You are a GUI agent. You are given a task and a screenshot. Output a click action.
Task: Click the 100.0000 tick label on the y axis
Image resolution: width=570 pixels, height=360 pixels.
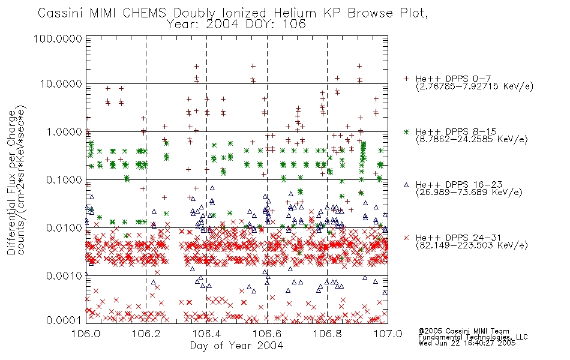point(58,38)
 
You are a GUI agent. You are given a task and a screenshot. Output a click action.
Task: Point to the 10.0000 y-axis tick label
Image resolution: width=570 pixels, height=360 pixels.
point(61,84)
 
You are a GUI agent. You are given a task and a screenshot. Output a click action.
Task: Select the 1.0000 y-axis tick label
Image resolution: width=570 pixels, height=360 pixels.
point(64,131)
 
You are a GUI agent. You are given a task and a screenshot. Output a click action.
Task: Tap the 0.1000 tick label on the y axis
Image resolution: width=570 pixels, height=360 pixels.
point(64,179)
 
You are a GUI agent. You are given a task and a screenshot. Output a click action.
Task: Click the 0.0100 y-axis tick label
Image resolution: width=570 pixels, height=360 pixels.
point(64,228)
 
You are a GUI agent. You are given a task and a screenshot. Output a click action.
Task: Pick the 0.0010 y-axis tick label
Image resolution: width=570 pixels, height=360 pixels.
point(64,276)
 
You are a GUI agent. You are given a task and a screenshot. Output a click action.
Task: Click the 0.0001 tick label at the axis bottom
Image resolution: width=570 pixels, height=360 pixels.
point(64,320)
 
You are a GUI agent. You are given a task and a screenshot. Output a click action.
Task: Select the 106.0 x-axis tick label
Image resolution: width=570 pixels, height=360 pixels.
point(86,334)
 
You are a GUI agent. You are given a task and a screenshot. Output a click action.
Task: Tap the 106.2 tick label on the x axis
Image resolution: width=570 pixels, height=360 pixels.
point(146,334)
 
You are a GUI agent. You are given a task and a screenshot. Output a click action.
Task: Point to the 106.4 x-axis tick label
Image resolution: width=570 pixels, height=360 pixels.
point(206,334)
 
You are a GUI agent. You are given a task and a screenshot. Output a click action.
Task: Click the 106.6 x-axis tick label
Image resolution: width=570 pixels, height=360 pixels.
point(267,334)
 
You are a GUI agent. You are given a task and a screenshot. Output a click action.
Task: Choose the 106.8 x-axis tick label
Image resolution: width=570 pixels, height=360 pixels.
point(327,334)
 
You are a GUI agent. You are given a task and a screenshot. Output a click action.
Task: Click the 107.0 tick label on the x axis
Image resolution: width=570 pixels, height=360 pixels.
point(388,334)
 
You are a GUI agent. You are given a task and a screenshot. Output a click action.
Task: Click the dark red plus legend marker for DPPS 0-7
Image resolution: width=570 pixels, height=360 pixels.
point(406,79)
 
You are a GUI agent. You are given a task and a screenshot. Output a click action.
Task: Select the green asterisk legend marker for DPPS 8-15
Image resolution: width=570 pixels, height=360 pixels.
point(406,131)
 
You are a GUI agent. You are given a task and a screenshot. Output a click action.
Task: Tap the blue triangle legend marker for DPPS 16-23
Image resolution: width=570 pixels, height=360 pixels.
point(406,185)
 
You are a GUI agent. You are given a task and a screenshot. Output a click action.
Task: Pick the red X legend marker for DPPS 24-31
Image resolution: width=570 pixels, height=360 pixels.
point(406,238)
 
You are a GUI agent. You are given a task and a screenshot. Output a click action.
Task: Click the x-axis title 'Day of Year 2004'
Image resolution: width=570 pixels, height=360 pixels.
point(236,346)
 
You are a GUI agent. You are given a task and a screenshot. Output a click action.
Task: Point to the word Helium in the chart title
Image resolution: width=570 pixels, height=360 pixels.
point(295,13)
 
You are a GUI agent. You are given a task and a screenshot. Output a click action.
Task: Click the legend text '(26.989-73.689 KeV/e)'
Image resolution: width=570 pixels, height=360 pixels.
point(469,192)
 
